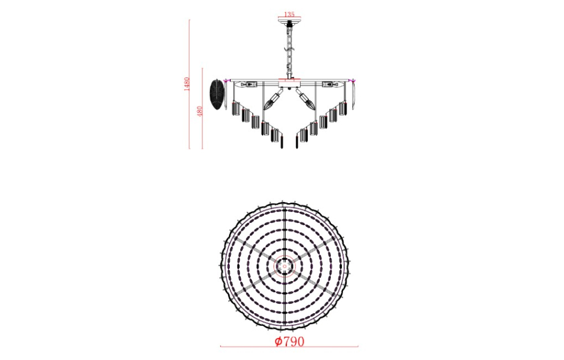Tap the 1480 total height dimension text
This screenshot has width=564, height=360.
186,85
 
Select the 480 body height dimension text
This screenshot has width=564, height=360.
200,111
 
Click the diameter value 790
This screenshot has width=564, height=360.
293,341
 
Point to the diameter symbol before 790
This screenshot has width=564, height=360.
278,341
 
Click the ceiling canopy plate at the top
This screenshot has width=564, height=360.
290,24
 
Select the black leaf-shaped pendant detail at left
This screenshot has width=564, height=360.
216,94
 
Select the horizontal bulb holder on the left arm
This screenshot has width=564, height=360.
248,85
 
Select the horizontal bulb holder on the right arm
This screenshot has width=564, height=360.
330,85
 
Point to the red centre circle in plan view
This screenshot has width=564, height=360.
284,266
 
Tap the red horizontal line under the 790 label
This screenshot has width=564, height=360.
289,347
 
